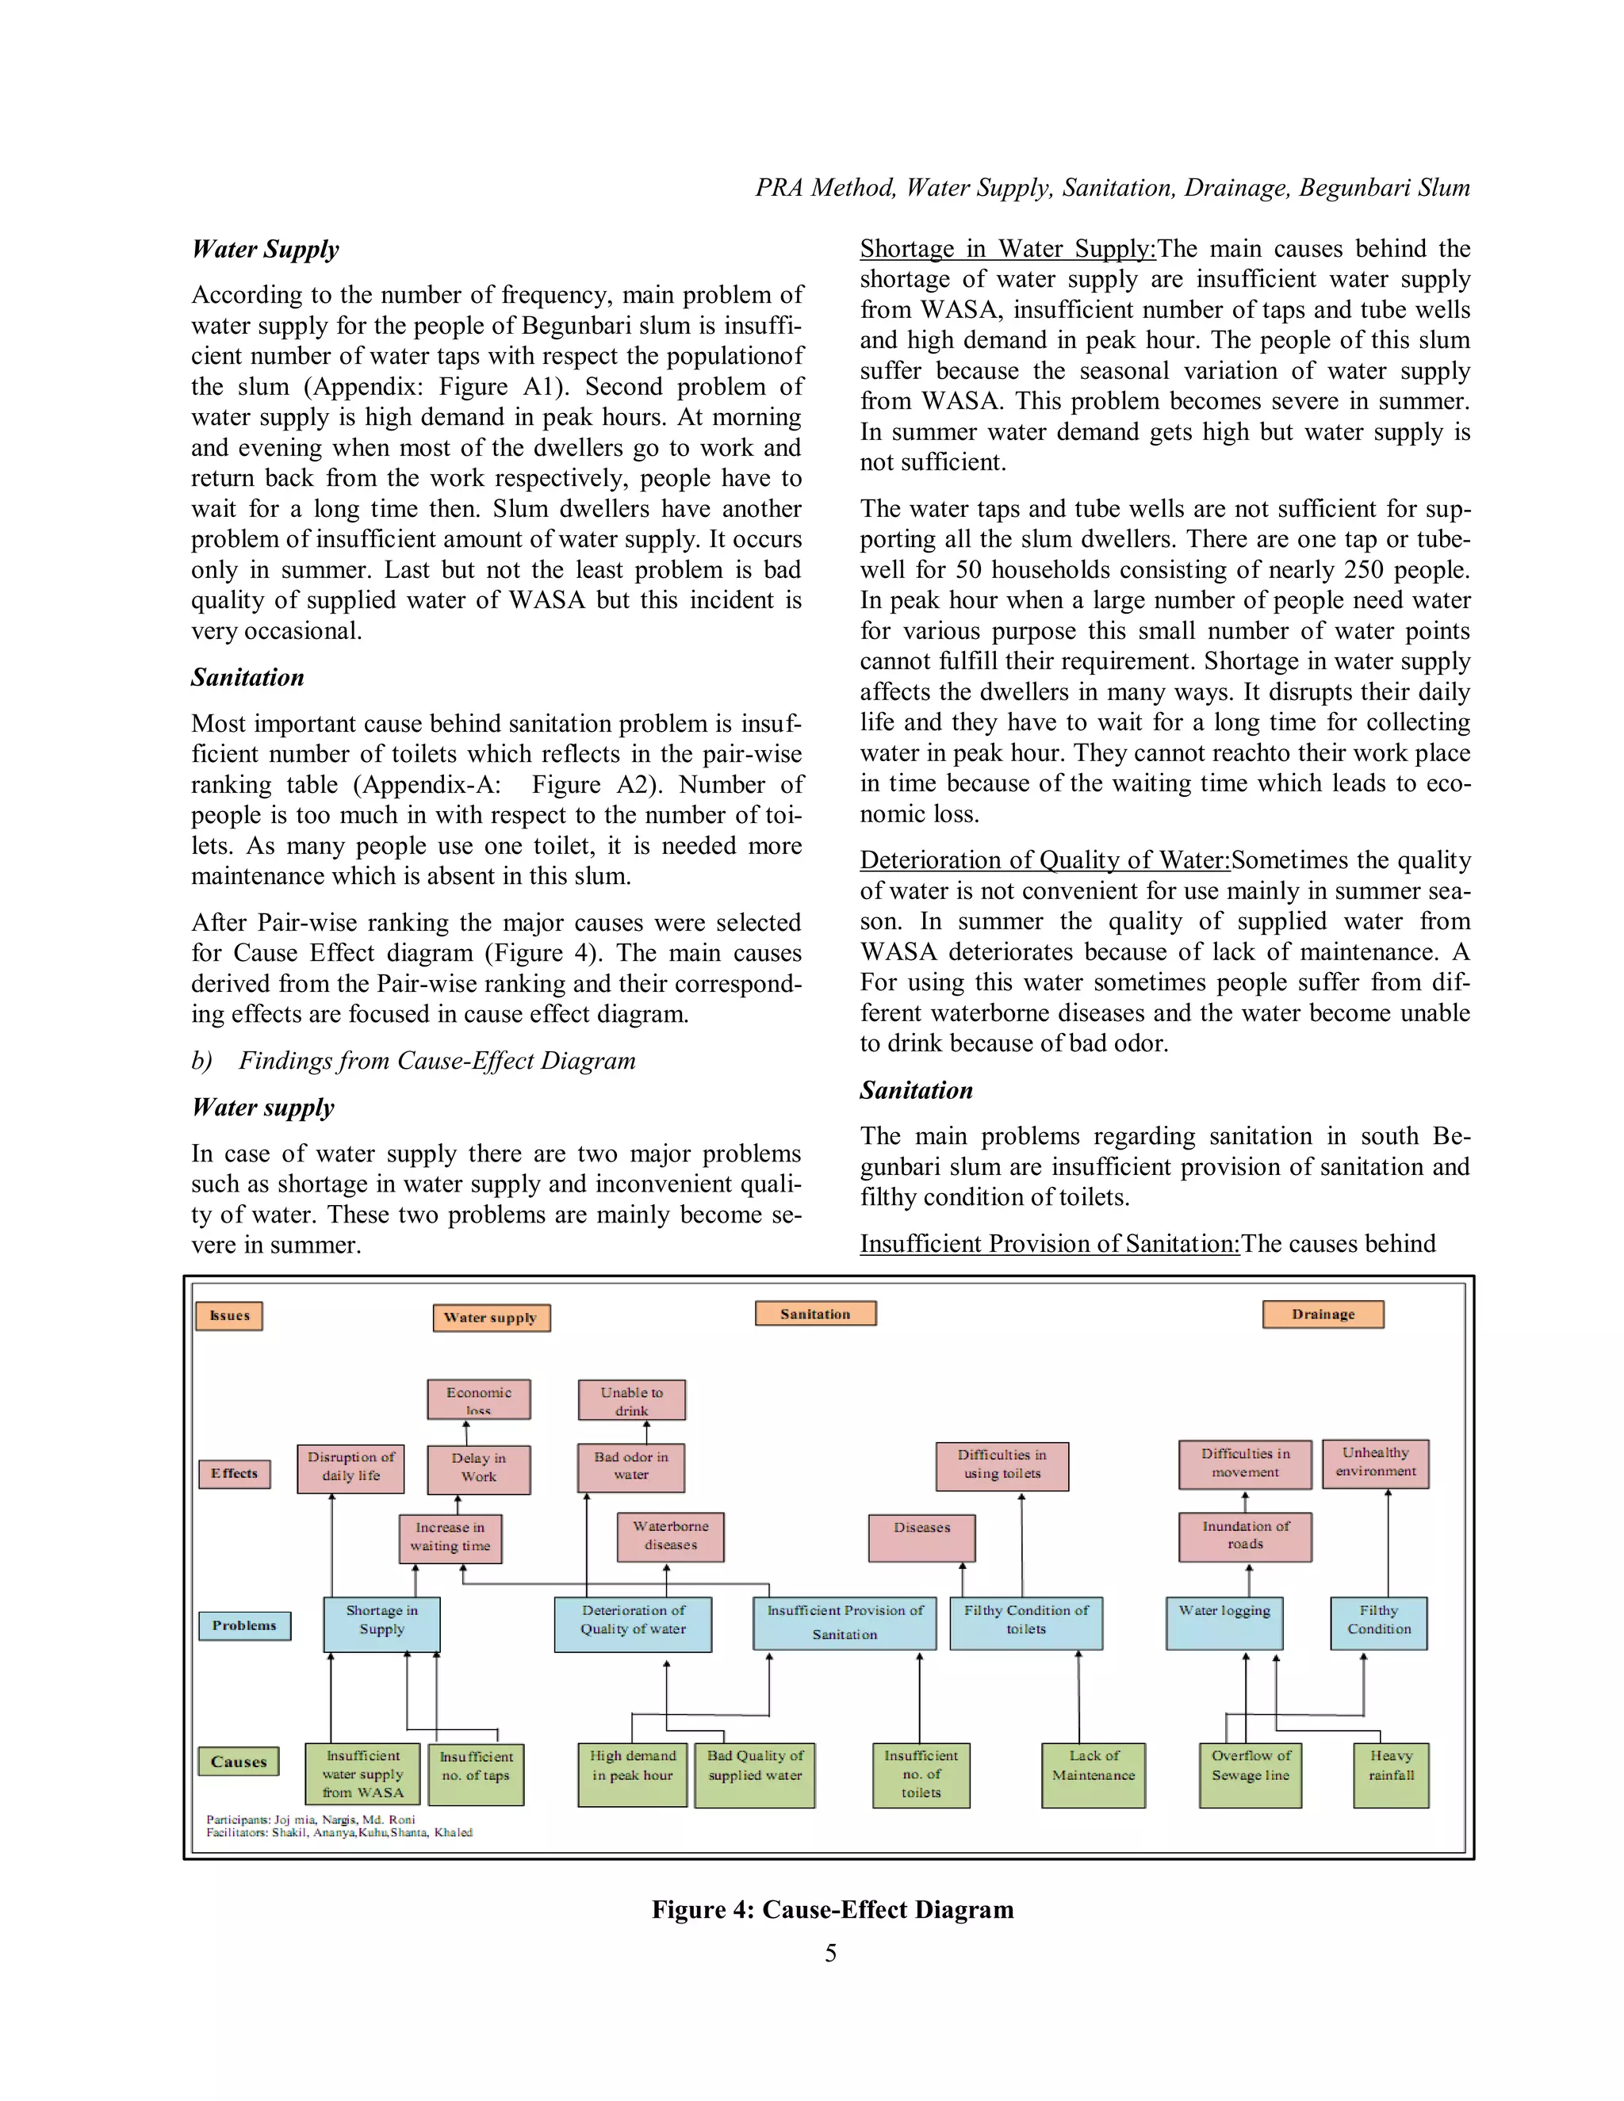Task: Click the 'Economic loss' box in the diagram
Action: (478, 1399)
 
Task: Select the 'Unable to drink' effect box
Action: (631, 1399)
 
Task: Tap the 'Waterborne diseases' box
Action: (671, 1537)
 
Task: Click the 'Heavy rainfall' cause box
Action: (1390, 1775)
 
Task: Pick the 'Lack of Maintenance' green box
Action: (1094, 1775)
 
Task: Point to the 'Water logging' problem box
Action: (1224, 1623)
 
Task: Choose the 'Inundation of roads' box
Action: (1245, 1537)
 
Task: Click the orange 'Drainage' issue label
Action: (1323, 1314)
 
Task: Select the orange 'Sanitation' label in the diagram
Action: (815, 1313)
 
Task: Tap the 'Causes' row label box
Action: (239, 1762)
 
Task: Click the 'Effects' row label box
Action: (234, 1473)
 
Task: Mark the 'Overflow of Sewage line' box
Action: (1250, 1775)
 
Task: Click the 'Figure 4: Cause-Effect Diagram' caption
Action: (832, 1910)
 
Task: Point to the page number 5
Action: (830, 1953)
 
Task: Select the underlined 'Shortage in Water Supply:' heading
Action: (1007, 249)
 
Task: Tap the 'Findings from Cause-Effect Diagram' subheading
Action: (437, 1060)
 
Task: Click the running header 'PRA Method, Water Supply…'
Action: (1113, 188)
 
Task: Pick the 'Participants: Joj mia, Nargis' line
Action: (311, 1819)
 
